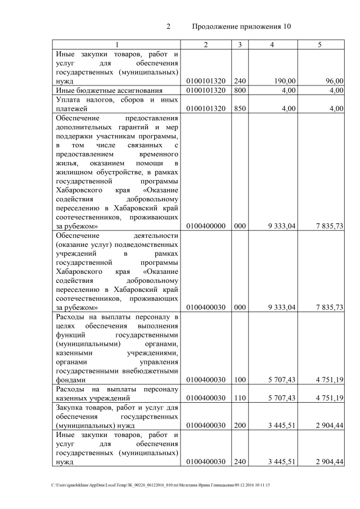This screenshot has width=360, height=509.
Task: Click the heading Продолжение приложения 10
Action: click(x=241, y=26)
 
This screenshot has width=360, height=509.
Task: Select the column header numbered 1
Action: click(x=117, y=44)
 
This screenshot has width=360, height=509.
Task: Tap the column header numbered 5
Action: click(x=319, y=44)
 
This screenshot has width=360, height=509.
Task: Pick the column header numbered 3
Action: click(x=240, y=44)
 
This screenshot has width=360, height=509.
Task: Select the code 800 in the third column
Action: click(x=240, y=90)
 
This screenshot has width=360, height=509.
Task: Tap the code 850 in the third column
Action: click(x=240, y=109)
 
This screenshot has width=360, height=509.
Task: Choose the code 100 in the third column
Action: click(x=240, y=380)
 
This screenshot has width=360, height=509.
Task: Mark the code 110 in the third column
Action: click(x=240, y=398)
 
